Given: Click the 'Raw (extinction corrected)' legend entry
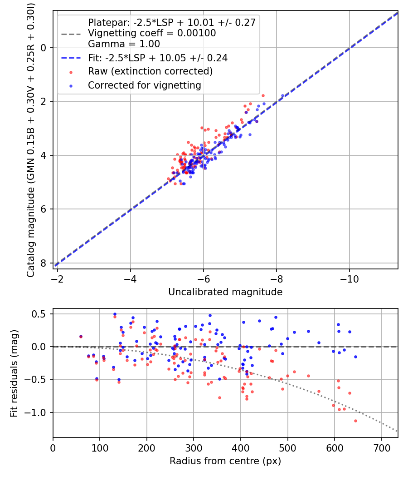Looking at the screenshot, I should [x=150, y=71].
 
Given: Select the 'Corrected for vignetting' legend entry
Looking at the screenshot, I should [x=145, y=85].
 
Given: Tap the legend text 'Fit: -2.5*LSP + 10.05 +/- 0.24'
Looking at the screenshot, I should [x=158, y=58].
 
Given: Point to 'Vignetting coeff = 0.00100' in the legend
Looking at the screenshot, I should [x=152, y=33].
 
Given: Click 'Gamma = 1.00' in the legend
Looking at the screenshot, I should [x=124, y=44].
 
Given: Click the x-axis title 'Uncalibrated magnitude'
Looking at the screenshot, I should [x=225, y=292].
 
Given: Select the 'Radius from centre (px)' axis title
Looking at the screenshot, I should [x=225, y=461].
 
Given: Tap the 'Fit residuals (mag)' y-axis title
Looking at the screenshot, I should [x=14, y=373].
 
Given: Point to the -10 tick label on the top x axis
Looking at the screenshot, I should [x=349, y=278].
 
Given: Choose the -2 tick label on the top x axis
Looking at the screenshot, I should [x=58, y=278].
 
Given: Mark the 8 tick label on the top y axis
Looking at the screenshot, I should [x=44, y=263].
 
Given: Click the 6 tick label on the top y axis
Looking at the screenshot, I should [x=44, y=209].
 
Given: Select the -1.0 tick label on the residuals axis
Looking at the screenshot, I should [x=38, y=412].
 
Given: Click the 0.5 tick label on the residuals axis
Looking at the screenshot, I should [x=41, y=314].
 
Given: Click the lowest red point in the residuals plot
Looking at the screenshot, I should [x=355, y=421].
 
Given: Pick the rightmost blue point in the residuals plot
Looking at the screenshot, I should [x=355, y=357].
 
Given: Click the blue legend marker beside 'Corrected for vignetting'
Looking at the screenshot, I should [x=70, y=85].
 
